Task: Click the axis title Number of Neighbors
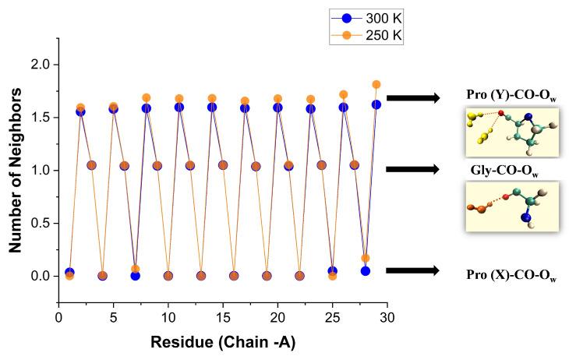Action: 14,170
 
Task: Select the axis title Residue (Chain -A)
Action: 222,341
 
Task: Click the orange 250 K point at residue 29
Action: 376,84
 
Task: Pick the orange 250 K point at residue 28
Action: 366,258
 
